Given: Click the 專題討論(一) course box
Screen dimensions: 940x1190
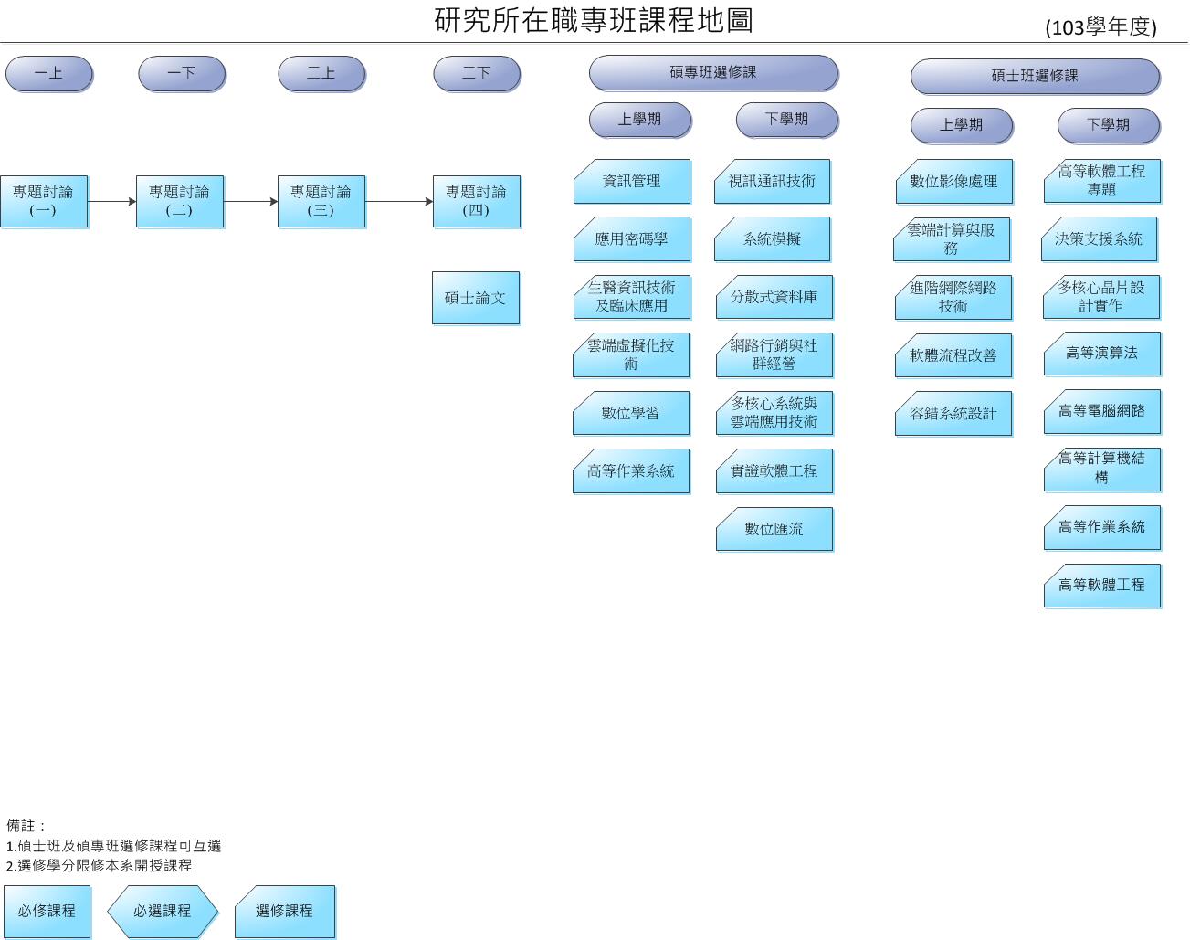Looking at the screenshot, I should coord(43,201).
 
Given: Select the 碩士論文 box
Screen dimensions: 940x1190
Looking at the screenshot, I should coord(475,297).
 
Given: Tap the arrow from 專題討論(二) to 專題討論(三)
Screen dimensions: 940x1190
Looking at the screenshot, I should coord(250,201).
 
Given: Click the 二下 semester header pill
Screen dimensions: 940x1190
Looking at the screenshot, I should coord(476,73).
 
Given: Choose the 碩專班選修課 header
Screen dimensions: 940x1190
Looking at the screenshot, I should coord(712,72).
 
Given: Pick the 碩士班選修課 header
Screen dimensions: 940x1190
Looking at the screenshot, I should coord(1034,76).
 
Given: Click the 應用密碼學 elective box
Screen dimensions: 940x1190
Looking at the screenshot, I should coord(631,239).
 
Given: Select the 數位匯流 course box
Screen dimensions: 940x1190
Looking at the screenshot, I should coord(774,529).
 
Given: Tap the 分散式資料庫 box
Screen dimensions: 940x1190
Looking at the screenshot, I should coord(774,297).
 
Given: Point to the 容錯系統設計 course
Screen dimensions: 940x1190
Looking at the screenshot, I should coord(953,413).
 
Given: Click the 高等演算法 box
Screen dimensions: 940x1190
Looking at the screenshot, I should coord(1101,354).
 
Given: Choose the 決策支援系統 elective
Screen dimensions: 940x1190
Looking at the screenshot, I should coord(1099,238).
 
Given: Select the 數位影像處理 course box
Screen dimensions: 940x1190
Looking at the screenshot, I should coord(953,181).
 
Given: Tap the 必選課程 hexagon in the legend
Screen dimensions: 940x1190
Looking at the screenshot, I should coord(163,911).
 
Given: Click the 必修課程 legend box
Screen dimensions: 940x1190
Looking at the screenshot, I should coord(47,911).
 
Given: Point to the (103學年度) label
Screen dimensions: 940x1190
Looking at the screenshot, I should coord(1100,27).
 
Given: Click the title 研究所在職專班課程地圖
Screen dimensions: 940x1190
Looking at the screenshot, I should coord(594,19).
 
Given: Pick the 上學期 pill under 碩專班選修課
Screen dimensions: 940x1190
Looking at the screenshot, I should coord(639,120).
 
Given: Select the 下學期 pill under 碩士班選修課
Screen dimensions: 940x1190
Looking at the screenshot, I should coord(1108,125).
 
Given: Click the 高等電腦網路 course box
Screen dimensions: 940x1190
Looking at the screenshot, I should coord(1101,411).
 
